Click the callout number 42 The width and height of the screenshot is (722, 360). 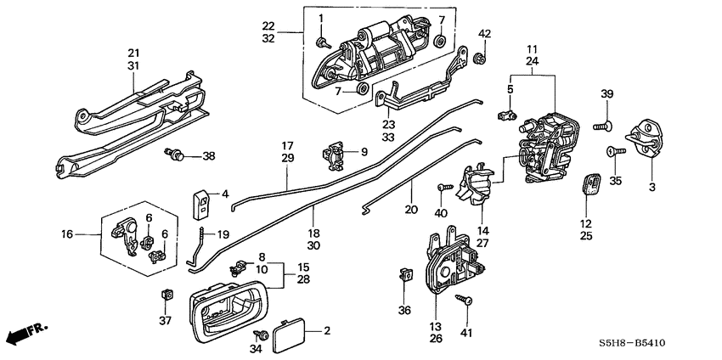pyautogui.click(x=484, y=34)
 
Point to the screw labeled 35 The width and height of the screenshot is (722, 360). pyautogui.click(x=613, y=151)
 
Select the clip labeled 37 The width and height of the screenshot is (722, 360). pyautogui.click(x=165, y=295)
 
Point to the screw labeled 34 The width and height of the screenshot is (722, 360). pyautogui.click(x=259, y=335)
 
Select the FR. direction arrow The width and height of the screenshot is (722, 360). pyautogui.click(x=25, y=332)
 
